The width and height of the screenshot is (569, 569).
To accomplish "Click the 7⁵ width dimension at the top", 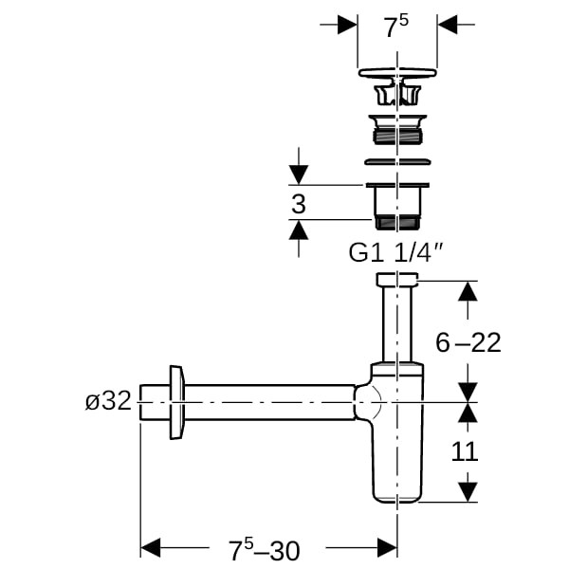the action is tap(396, 27).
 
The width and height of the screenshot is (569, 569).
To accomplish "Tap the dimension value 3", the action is tap(299, 204).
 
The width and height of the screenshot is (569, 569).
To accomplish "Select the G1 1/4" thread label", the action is tap(395, 252).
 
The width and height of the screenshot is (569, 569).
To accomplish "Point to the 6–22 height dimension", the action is tap(468, 342).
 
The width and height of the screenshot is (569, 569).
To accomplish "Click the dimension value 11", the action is tap(465, 451).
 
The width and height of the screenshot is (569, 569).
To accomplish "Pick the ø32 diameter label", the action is tap(108, 401).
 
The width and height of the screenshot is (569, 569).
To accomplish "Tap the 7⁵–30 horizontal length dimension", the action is tap(265, 549).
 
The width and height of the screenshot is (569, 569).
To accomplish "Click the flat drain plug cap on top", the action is tap(397, 73).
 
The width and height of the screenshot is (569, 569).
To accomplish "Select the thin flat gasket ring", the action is tap(397, 161).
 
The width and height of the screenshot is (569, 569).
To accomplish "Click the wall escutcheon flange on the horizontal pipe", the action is tap(177, 402).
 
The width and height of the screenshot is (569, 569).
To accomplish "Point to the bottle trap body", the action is tap(397, 432).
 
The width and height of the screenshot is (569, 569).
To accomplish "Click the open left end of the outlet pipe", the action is tap(140, 402).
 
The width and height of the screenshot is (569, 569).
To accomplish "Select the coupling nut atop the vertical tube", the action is tap(397, 279).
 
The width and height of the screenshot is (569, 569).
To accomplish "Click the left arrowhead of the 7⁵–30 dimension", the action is tap(150, 547).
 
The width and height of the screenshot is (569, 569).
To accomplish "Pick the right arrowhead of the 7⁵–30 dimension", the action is tap(387, 547).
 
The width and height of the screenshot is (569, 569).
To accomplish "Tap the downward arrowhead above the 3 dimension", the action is tap(299, 174).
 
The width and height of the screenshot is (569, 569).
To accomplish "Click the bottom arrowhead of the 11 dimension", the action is tap(468, 492).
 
